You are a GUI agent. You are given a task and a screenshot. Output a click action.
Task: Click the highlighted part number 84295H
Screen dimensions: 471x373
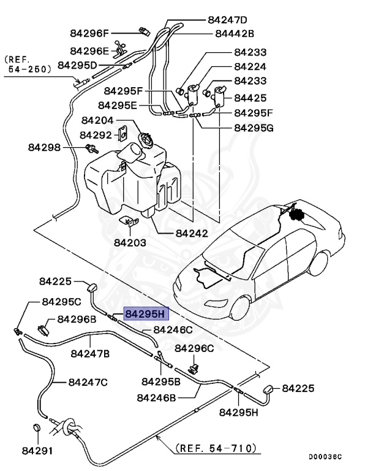point(145,314)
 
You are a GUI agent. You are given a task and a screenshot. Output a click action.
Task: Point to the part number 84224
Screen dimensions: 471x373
point(250,67)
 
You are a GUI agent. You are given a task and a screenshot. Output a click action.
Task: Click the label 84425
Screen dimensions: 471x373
point(250,98)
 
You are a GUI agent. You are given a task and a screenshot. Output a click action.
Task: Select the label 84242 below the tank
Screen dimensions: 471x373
point(192,233)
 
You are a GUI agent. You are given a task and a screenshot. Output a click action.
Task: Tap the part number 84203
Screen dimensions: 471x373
point(130,242)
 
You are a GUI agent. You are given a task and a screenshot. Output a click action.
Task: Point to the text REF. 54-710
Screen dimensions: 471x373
point(215,448)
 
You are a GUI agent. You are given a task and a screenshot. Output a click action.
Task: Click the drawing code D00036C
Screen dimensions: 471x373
point(325,457)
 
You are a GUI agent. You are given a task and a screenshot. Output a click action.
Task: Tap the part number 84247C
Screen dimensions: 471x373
point(88,382)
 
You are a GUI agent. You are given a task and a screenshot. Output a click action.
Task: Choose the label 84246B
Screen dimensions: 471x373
point(156,397)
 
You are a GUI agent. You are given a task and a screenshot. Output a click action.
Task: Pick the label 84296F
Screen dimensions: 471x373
point(89,33)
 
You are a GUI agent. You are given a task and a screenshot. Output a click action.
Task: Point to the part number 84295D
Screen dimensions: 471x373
point(77,64)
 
